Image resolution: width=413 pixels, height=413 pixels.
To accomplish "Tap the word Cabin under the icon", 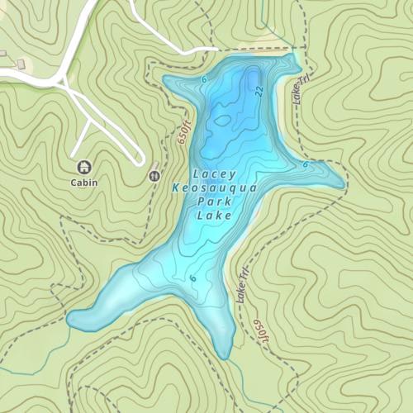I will pyautogui.click(x=83, y=183).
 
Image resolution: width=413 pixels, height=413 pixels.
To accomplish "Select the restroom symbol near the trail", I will pyautogui.click(x=154, y=175).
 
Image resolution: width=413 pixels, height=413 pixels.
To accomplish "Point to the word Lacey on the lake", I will pyautogui.click(x=214, y=174).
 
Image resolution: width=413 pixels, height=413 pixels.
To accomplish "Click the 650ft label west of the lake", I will pyautogui.click(x=183, y=132).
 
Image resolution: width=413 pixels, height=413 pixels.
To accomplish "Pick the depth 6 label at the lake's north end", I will pyautogui.click(x=204, y=79).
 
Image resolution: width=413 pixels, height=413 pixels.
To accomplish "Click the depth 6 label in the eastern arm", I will pyautogui.click(x=305, y=164).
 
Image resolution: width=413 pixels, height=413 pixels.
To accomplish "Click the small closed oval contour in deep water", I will pyautogui.click(x=221, y=120).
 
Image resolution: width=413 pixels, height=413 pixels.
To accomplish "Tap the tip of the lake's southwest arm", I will pyautogui.click(x=71, y=318).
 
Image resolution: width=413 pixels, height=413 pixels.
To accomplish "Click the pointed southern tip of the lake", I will pyautogui.click(x=225, y=358).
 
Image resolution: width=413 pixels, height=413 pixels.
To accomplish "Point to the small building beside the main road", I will pyautogui.click(x=21, y=64).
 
